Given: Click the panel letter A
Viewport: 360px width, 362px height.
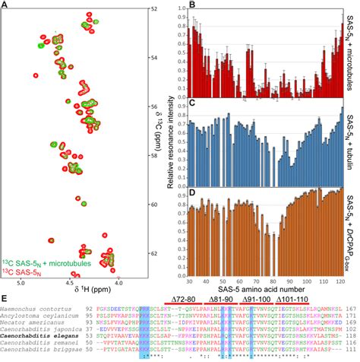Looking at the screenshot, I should click(x=6, y=6).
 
